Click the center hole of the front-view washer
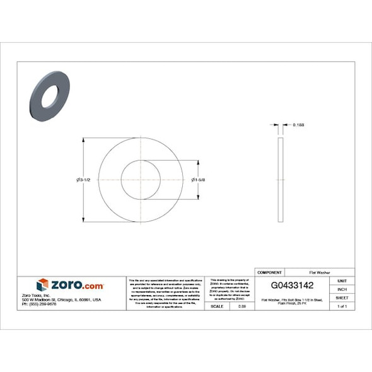coord(141,180)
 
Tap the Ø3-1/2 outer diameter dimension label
coord(84,180)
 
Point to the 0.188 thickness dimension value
coord(298,125)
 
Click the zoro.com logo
coord(71,286)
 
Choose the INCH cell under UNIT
coord(342,289)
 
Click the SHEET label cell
coord(342,297)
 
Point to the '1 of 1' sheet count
coord(342,306)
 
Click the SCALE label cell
coord(217,306)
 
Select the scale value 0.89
coord(241,306)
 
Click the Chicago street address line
coord(61,299)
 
